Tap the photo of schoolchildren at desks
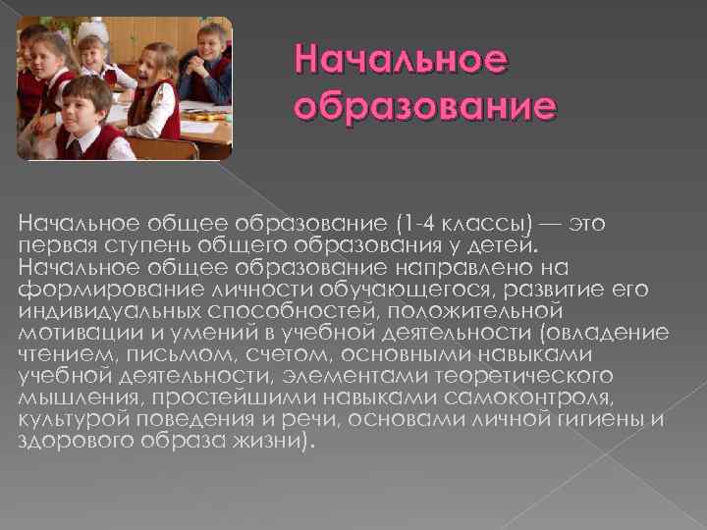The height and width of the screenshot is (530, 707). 125,87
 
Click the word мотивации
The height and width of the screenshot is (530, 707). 69,332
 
